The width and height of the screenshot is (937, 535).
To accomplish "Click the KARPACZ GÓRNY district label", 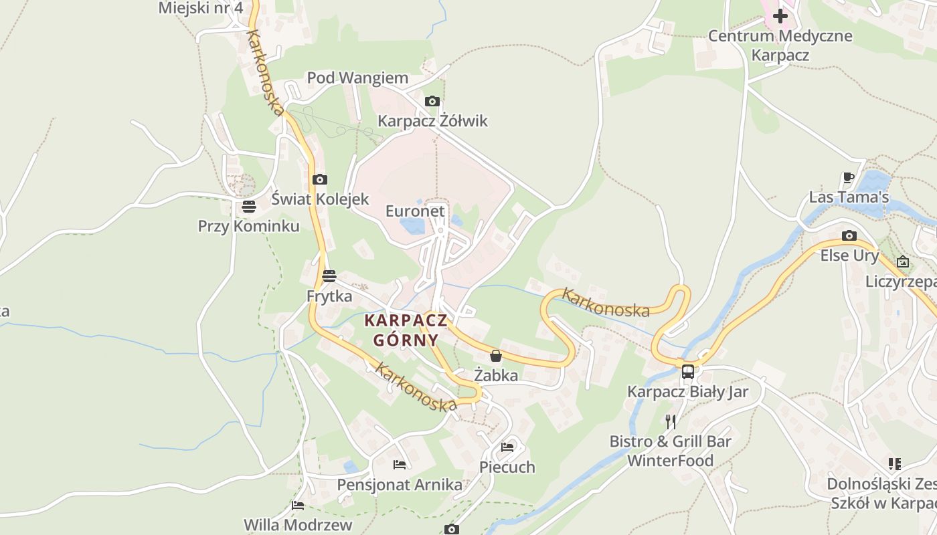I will [x=406, y=330].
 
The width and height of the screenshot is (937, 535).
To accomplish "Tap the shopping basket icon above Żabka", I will [x=496, y=356].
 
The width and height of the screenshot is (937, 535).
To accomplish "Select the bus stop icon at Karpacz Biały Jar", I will [x=688, y=372].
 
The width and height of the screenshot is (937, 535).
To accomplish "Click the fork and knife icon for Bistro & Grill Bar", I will [x=671, y=421].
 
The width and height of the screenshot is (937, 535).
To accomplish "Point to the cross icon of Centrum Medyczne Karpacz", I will [x=780, y=15].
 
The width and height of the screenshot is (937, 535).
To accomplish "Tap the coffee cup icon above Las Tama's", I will [x=849, y=178].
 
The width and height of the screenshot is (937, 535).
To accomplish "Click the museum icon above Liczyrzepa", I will [x=903, y=261].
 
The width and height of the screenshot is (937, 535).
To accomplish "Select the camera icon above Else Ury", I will [x=849, y=235].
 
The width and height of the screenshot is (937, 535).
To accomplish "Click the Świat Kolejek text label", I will [x=320, y=199].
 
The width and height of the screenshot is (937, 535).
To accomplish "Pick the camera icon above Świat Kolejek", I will [x=320, y=179].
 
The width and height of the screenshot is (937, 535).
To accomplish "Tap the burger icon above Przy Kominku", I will [x=249, y=207].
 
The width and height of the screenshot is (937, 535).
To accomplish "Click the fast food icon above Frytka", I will [x=329, y=276].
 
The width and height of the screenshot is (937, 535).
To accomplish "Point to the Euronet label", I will [x=415, y=211].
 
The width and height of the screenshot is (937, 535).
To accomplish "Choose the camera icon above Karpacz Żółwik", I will [x=432, y=102].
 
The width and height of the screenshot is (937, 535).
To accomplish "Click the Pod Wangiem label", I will [x=357, y=78].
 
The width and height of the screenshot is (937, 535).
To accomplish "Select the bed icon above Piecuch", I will [x=507, y=447].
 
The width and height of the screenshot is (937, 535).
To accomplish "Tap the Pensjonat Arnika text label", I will [x=400, y=485].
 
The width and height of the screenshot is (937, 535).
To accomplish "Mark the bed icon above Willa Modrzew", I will [x=298, y=506].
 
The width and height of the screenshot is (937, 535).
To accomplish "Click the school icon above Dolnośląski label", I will [x=895, y=463].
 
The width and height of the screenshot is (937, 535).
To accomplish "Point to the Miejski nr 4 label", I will [x=200, y=8].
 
